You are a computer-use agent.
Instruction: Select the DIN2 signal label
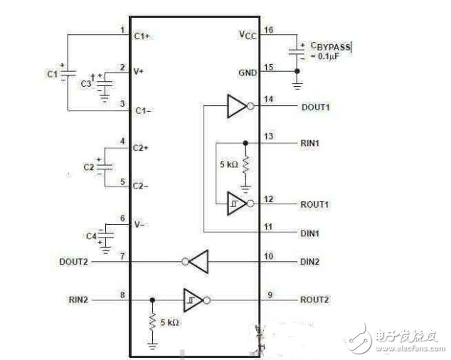click(x=309, y=262)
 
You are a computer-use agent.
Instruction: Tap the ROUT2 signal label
click(x=314, y=300)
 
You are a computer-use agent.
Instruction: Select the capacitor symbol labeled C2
click(x=105, y=166)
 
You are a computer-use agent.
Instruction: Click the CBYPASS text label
click(x=329, y=47)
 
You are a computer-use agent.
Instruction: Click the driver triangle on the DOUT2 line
click(x=196, y=261)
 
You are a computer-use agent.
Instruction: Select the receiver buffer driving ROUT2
click(x=194, y=300)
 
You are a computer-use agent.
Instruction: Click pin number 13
click(x=267, y=135)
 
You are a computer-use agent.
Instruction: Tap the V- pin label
click(x=140, y=224)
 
